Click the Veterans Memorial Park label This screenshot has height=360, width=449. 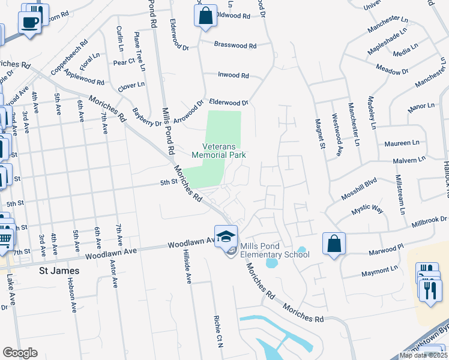tap(219, 150)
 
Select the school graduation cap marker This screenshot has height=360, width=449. tap(226, 237)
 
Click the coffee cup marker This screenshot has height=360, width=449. tap(29, 23)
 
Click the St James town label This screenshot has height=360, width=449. tap(59, 271)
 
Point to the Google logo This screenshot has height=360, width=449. tap(20, 353)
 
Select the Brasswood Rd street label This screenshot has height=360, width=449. tap(236, 46)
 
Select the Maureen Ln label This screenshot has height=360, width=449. tap(403, 143)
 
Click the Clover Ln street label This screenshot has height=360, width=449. tap(131, 86)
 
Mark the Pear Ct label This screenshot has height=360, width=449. tap(123, 62)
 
